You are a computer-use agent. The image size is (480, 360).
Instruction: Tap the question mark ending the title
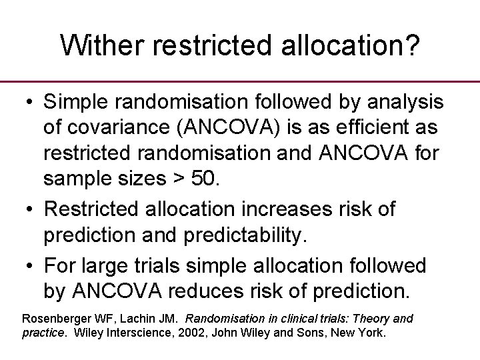tap(412, 45)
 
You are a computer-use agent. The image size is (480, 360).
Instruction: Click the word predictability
tap(253, 235)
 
